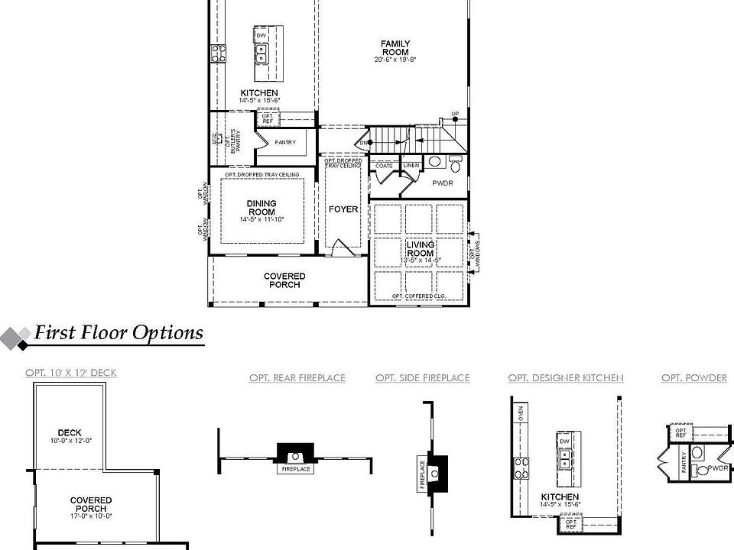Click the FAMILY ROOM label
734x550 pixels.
395,48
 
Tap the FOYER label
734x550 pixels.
343,209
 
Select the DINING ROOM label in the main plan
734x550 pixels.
261,209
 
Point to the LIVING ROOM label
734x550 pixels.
420,250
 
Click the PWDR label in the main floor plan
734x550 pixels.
443,183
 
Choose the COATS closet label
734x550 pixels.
384,166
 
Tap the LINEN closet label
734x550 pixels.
411,166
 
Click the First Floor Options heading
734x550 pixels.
118,333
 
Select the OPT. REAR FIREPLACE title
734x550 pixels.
297,378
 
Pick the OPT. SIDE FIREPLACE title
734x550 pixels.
422,378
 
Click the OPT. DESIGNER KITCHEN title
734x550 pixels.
566,378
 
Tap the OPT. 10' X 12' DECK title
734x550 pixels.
71,373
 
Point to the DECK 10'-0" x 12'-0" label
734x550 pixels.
70,436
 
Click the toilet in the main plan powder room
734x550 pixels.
455,164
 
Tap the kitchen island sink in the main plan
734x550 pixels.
261,53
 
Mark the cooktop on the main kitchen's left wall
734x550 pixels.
218,53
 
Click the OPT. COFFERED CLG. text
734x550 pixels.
419,296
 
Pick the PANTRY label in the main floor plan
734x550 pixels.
284,143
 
